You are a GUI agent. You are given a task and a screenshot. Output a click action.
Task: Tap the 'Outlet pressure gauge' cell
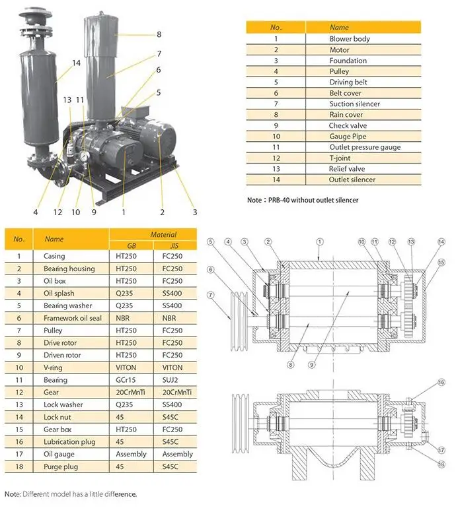(x=365, y=147)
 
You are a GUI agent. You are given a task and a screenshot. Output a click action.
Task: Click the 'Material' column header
(x=163, y=234)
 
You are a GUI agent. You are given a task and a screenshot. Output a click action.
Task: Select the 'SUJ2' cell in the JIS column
(x=177, y=380)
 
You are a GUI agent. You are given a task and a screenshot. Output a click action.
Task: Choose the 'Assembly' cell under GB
(x=131, y=454)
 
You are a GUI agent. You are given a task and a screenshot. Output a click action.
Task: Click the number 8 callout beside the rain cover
(x=159, y=34)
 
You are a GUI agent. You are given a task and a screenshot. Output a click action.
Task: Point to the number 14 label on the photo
(x=76, y=63)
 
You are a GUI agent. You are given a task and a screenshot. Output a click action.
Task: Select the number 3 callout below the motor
(x=194, y=212)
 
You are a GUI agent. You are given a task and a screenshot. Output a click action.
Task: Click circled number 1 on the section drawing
(x=319, y=242)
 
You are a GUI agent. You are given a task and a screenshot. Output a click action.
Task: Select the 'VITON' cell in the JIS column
(x=177, y=367)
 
